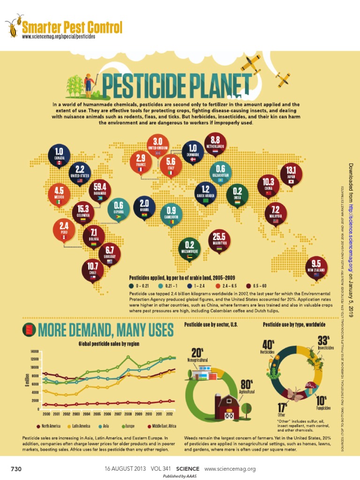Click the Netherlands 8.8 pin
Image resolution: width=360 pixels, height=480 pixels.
point(215,142)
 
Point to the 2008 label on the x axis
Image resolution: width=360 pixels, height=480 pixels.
point(128,415)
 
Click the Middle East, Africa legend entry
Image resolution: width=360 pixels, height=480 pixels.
point(162,426)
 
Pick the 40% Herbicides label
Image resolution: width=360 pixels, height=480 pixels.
point(268,347)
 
